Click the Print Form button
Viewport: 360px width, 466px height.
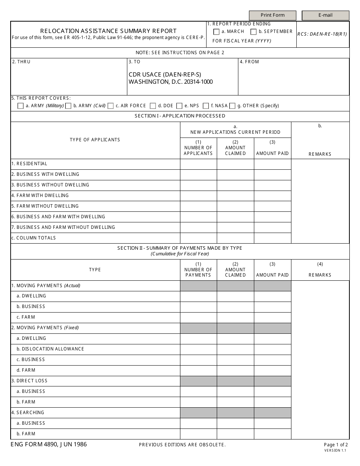pyautogui.click(x=272, y=15)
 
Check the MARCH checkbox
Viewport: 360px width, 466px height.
pyautogui.click(x=216, y=32)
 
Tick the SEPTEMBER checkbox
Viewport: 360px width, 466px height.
pyautogui.click(x=254, y=32)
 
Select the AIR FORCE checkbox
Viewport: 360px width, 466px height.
pyautogui.click(x=111, y=106)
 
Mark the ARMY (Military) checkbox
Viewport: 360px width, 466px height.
pyautogui.click(x=20, y=106)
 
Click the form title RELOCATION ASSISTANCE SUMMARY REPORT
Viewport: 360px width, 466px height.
pyautogui.click(x=108, y=31)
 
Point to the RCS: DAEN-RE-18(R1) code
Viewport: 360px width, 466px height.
pyautogui.click(x=322, y=34)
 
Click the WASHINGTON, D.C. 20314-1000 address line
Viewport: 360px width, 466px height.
pyautogui.click(x=171, y=82)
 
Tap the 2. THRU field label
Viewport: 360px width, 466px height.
pyautogui.click(x=21, y=62)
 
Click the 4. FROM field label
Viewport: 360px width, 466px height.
pyautogui.click(x=249, y=62)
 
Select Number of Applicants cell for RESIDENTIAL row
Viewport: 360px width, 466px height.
pyautogui.click(x=198, y=164)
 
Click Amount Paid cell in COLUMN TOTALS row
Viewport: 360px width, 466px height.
pyautogui.click(x=272, y=238)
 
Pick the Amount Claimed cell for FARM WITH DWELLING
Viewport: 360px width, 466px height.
pyautogui.click(x=235, y=195)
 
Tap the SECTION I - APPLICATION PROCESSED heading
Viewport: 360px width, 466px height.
pyautogui.click(x=180, y=116)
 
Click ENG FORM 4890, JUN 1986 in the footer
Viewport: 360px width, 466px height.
pyautogui.click(x=49, y=444)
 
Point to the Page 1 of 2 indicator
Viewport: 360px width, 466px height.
pyautogui.click(x=336, y=445)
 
